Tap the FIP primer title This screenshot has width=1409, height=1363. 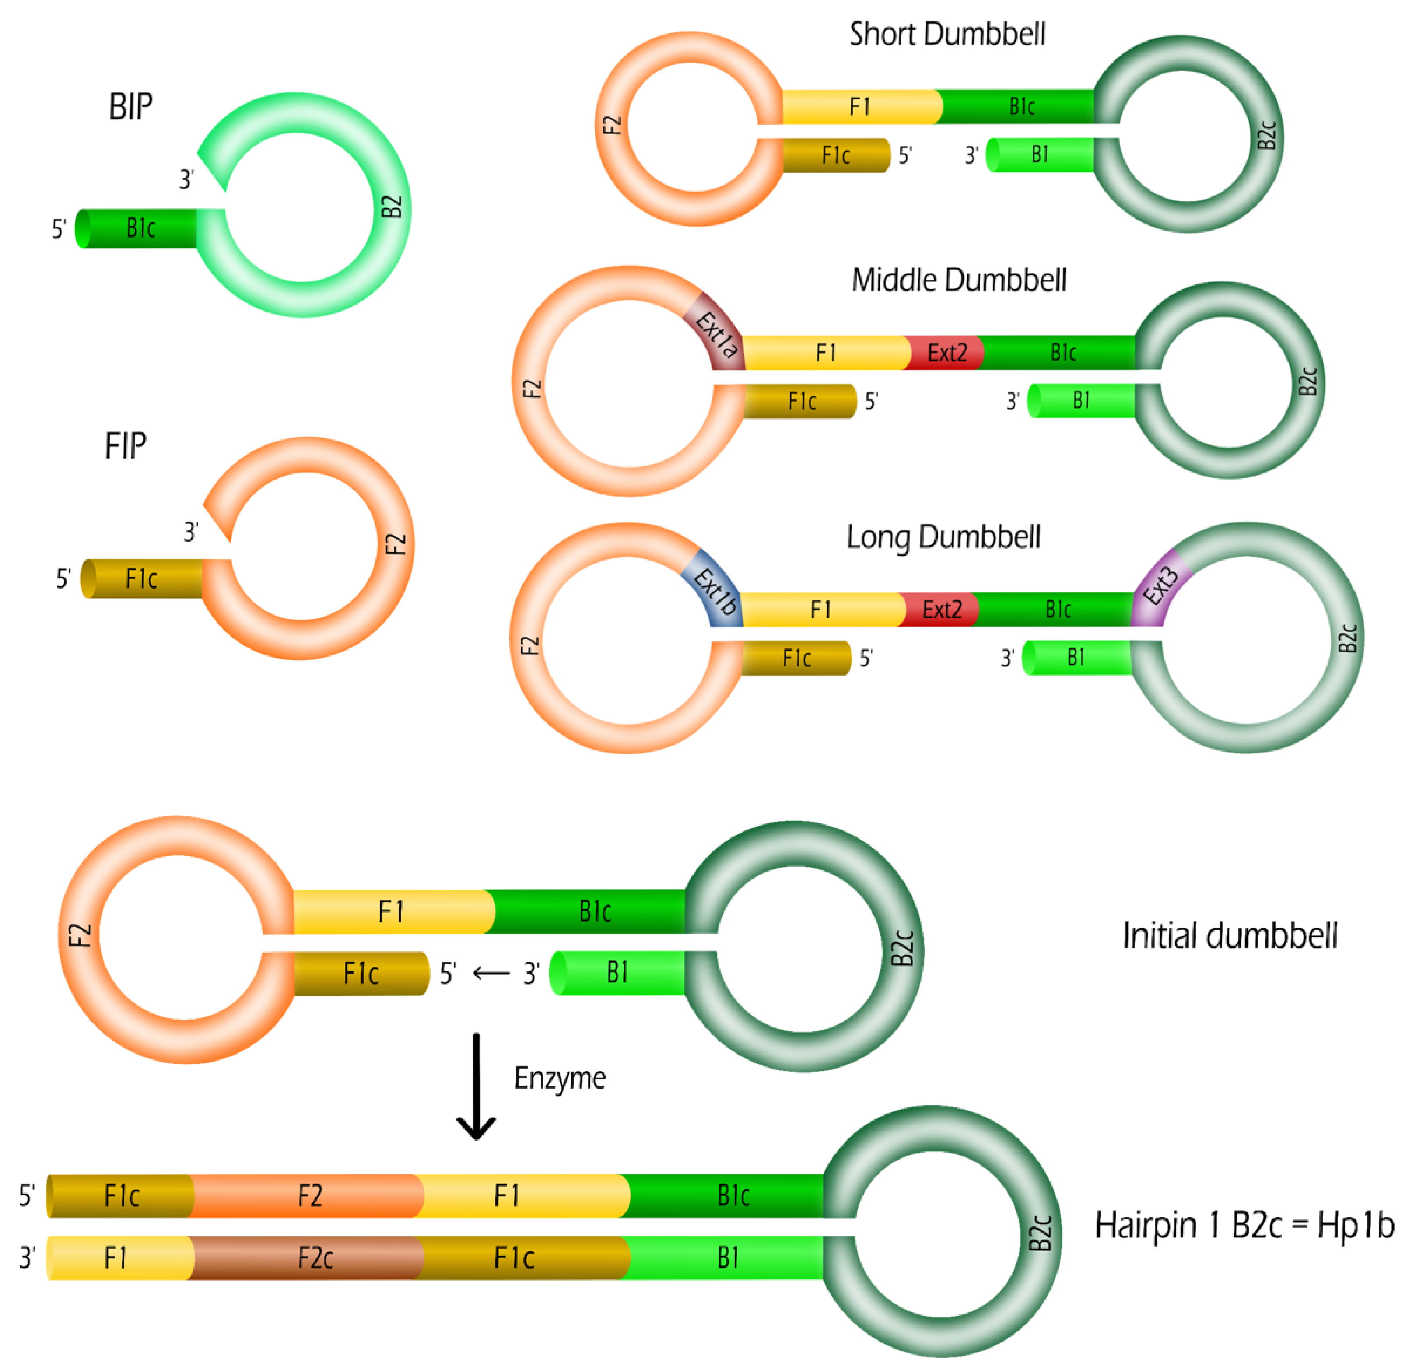pos(126,446)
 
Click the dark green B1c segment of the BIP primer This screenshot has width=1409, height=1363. pos(140,228)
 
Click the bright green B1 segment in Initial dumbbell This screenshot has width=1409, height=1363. pos(617,973)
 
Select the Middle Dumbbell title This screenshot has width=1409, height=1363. pos(958,280)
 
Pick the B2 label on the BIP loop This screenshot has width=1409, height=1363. pos(391,207)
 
